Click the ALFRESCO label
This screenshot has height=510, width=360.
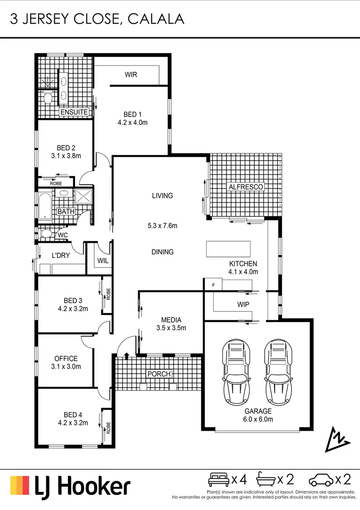click(245, 187)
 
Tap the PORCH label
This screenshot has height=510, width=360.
click(158, 374)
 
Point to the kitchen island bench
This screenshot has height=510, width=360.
click(228, 248)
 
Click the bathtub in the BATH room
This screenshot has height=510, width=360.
click(45, 206)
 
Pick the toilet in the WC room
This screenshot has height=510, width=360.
click(46, 234)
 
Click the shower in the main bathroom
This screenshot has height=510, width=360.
click(84, 198)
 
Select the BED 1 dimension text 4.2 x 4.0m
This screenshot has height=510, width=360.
click(133, 123)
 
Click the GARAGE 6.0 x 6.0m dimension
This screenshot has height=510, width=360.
click(258, 419)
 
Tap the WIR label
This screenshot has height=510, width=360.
click(131, 75)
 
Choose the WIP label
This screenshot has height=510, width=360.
click(243, 305)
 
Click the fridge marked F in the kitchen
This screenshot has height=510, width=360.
click(213, 285)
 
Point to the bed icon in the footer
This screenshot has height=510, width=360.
click(219, 480)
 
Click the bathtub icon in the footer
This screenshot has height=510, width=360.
click(266, 480)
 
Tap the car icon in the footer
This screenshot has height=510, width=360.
click(321, 480)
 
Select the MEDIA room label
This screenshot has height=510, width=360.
click(171, 320)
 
